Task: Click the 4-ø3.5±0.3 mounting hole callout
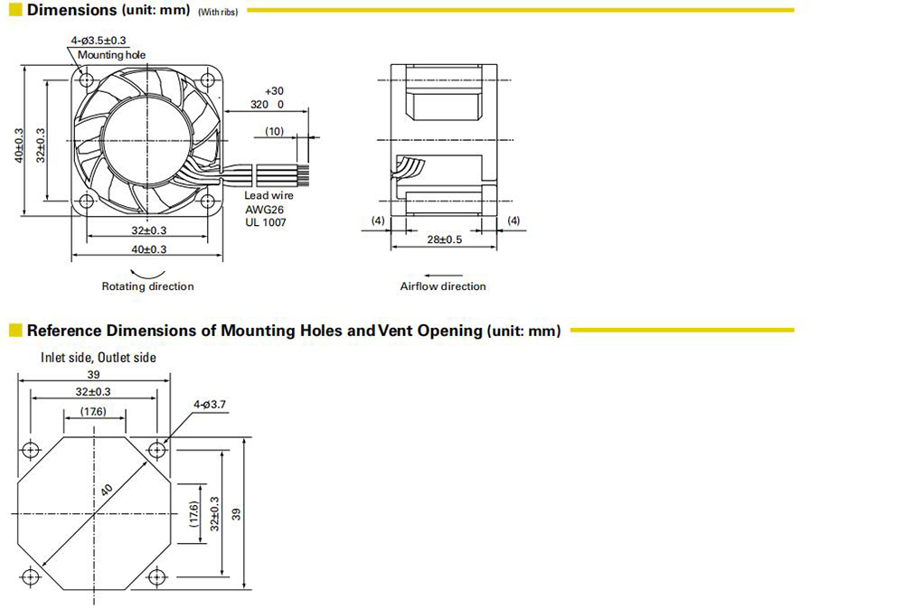click(99, 41)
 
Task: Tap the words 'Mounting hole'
click(111, 55)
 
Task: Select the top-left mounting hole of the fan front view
click(87, 79)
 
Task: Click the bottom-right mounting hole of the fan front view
click(208, 201)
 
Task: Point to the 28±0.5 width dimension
click(445, 239)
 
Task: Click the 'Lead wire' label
click(268, 195)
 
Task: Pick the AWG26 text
click(264, 210)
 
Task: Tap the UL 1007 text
click(265, 222)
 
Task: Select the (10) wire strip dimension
click(275, 131)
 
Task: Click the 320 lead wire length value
click(259, 104)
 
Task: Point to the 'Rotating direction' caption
click(147, 286)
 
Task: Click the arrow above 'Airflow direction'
click(443, 276)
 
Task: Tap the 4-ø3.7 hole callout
click(210, 405)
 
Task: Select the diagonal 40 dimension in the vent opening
click(107, 490)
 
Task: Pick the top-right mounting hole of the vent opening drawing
click(156, 450)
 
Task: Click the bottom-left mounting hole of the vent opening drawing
click(30, 576)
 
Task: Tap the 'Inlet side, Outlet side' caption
click(98, 358)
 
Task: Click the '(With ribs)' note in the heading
click(218, 12)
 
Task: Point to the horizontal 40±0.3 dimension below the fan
click(149, 249)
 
